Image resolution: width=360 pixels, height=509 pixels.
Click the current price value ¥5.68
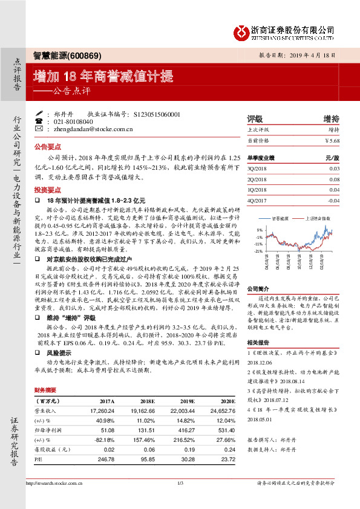(332, 140)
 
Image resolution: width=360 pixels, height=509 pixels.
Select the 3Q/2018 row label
(257, 169)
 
